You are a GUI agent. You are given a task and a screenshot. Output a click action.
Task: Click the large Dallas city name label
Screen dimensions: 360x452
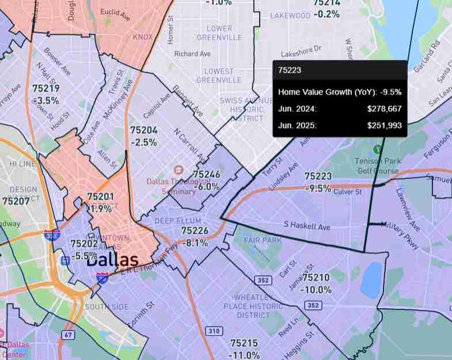point(113,260)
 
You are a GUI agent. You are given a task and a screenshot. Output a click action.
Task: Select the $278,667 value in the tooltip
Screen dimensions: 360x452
point(384,108)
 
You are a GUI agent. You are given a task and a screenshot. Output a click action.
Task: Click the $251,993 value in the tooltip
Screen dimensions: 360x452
point(384,125)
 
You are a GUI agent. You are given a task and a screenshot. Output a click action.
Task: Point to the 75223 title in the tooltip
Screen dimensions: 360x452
point(288,70)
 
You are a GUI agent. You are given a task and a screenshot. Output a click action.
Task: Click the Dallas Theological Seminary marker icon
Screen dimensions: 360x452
point(178,170)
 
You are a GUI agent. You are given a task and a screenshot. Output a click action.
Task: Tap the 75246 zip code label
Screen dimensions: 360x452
point(207,174)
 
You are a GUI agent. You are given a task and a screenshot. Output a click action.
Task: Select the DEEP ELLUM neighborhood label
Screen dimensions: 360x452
point(178,221)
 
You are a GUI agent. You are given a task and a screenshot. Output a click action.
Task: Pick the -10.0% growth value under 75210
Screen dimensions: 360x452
point(316,289)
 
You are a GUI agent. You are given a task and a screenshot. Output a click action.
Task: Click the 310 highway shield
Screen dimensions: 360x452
point(214,331)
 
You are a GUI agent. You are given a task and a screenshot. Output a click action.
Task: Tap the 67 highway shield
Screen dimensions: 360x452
point(69,335)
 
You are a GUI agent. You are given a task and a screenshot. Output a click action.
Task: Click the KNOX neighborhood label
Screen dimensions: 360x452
point(143,37)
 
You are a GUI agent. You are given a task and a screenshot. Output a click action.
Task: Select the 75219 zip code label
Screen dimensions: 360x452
point(45,89)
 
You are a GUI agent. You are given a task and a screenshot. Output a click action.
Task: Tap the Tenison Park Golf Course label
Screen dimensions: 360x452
point(377,165)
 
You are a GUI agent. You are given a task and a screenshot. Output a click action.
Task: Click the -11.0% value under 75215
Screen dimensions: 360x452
point(244,355)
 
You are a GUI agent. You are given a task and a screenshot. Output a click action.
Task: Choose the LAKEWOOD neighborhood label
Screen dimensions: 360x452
point(290,16)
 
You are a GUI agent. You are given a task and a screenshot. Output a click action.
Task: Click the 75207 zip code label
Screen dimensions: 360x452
point(16,202)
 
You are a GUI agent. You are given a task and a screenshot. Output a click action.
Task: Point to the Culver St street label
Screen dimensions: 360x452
point(347,191)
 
